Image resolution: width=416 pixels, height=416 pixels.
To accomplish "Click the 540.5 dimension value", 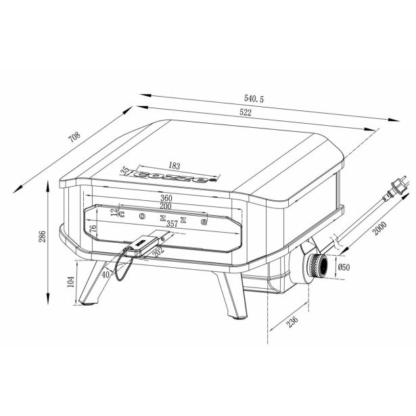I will [x=250, y=99].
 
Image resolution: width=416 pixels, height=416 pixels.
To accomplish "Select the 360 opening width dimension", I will [x=166, y=198].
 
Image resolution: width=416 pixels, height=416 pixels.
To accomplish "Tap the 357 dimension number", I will [x=172, y=223].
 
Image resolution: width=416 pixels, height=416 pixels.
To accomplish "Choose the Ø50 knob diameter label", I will [x=344, y=267].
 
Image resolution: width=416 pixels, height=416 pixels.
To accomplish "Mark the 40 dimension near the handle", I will [x=106, y=275].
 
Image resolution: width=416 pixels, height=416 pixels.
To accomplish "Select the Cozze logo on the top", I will [x=175, y=177].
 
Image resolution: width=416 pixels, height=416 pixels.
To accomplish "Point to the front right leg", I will [x=231, y=295].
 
